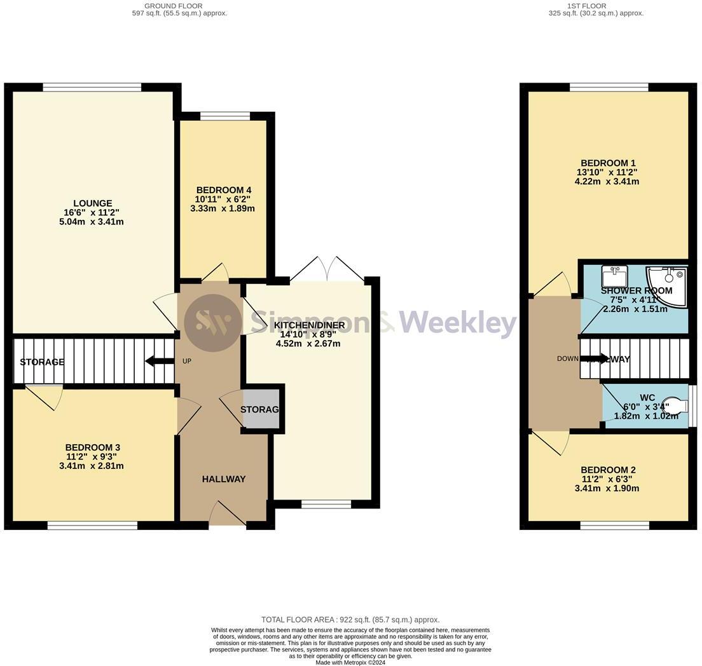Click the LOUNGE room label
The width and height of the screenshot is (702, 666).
coord(92,203)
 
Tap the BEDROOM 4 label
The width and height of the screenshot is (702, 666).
coord(224,190)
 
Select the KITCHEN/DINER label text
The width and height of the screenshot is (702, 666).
coord(309,325)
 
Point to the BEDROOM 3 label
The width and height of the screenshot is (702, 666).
coord(92,447)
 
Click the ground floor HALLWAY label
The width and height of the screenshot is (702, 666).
coord(224,479)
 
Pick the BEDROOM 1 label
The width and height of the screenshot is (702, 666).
coord(608,163)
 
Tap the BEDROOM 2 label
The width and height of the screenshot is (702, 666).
coord(608,470)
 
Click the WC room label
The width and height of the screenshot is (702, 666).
coord(647,398)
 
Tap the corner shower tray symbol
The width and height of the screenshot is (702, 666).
coord(668,284)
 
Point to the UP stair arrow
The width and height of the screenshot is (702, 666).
coord(160,361)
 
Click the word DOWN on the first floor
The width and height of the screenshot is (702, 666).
coord(568,358)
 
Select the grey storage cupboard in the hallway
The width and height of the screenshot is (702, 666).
coord(261,408)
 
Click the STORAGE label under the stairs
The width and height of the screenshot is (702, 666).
coord(42,362)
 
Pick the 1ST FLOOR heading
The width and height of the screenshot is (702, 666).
coord(596,6)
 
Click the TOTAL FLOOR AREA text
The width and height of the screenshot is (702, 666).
coord(350,620)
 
